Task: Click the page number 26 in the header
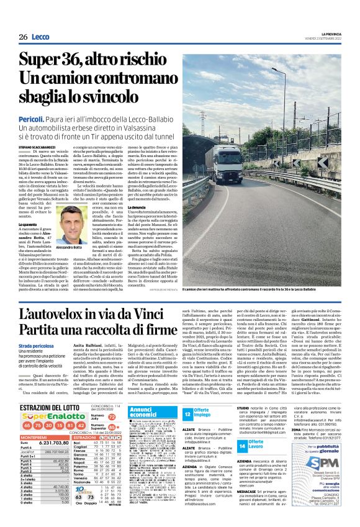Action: pos(22,37)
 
